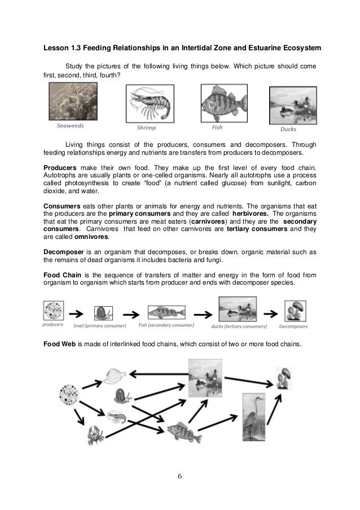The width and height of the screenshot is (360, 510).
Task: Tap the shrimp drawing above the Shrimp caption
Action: tap(148, 104)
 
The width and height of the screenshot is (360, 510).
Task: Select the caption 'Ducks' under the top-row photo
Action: tap(288, 129)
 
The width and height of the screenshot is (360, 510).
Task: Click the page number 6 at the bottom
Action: tap(180, 476)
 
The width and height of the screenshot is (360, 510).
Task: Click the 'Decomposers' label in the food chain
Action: tap(296, 325)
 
